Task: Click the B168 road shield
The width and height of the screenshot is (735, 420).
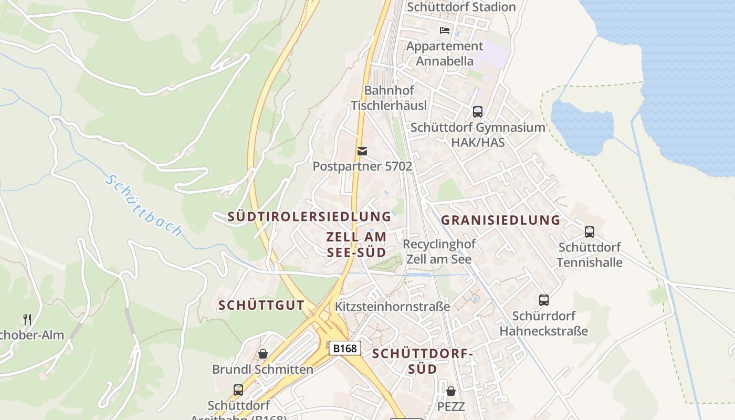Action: [345, 348]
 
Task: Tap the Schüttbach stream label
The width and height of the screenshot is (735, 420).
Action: [143, 205]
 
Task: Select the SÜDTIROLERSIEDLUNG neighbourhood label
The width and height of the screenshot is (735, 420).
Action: [309, 216]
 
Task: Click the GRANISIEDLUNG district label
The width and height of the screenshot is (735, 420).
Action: [500, 220]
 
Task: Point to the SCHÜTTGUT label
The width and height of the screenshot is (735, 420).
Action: [261, 305]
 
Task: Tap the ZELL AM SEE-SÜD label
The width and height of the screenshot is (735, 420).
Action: [356, 244]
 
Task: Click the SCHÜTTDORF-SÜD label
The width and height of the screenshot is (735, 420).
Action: [423, 361]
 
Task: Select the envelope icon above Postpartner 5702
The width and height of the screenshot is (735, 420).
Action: [362, 151]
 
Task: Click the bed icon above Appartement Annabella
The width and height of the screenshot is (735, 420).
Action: [445, 30]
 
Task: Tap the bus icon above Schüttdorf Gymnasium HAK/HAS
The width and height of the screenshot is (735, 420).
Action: [477, 111]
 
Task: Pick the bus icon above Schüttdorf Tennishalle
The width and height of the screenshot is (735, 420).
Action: [590, 232]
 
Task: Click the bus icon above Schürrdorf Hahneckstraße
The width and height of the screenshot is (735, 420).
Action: [543, 300]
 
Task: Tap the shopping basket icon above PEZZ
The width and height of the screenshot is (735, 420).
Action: [450, 391]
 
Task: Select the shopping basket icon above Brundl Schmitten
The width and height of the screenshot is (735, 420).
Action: [262, 354]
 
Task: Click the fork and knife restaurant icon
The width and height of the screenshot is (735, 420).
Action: [27, 319]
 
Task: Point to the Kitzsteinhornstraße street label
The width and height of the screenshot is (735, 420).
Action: [392, 306]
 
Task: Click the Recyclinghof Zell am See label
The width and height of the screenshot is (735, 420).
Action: [439, 251]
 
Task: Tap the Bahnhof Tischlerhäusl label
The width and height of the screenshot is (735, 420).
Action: [388, 98]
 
